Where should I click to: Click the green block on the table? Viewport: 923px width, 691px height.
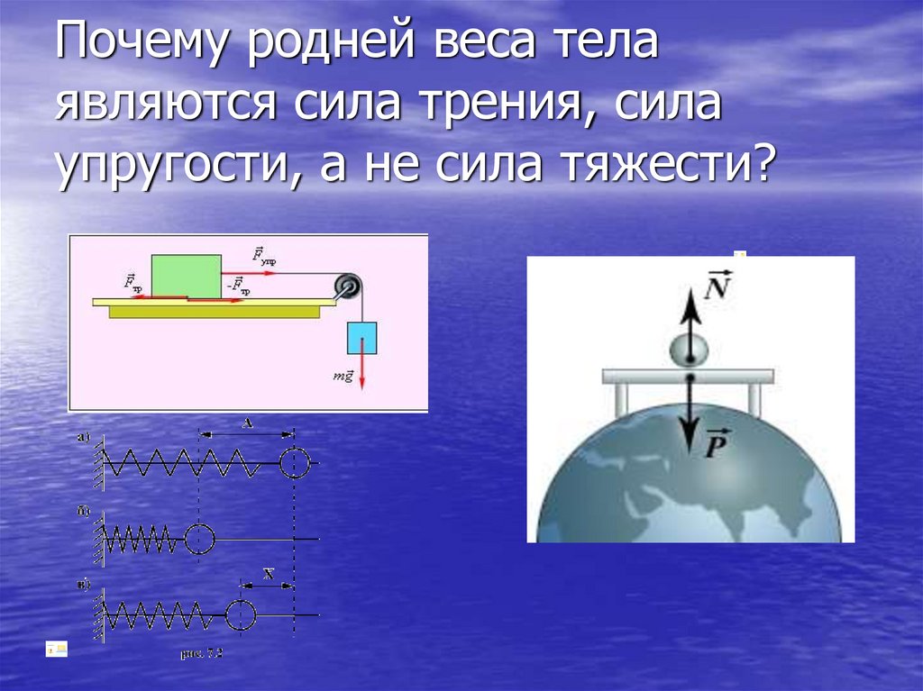click(x=187, y=275)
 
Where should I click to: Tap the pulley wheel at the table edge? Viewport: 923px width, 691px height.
click(x=347, y=288)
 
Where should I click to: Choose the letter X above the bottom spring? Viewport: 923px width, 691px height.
click(x=268, y=573)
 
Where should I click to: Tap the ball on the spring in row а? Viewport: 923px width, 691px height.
click(x=295, y=464)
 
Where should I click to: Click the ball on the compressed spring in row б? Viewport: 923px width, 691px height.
click(x=200, y=539)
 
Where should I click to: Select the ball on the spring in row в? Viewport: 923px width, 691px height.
click(x=241, y=615)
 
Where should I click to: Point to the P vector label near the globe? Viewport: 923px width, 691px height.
click(x=718, y=446)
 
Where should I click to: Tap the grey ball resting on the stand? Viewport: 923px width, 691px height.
click(x=690, y=350)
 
